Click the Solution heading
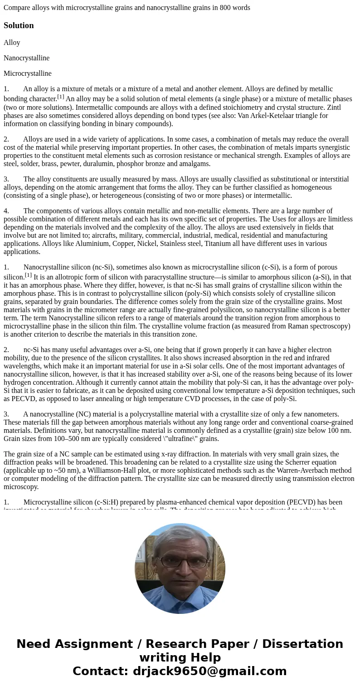(19, 25)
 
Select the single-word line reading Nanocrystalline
(26, 58)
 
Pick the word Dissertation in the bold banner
(302, 644)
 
